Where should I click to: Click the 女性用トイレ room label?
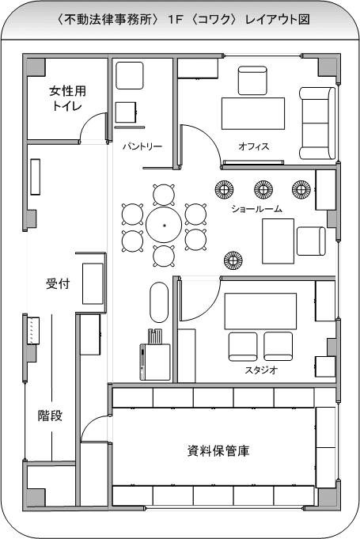click(x=67, y=98)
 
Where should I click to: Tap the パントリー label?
click(x=142, y=146)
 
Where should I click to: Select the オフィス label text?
click(x=253, y=146)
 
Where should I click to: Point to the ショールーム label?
click(x=256, y=209)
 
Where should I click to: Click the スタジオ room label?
click(x=261, y=370)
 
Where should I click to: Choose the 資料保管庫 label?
click(x=218, y=450)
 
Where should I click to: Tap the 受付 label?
click(x=58, y=284)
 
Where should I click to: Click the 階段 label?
click(x=50, y=416)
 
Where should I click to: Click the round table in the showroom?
click(x=164, y=225)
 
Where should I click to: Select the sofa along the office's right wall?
click(x=316, y=123)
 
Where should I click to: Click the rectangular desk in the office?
click(x=253, y=113)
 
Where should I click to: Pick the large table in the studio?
click(x=260, y=311)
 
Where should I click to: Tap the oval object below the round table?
click(x=159, y=302)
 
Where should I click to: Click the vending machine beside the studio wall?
click(x=154, y=362)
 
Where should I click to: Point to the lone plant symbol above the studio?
click(x=233, y=261)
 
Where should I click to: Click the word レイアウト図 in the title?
click(x=277, y=20)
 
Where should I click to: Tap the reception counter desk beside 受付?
click(x=93, y=283)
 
